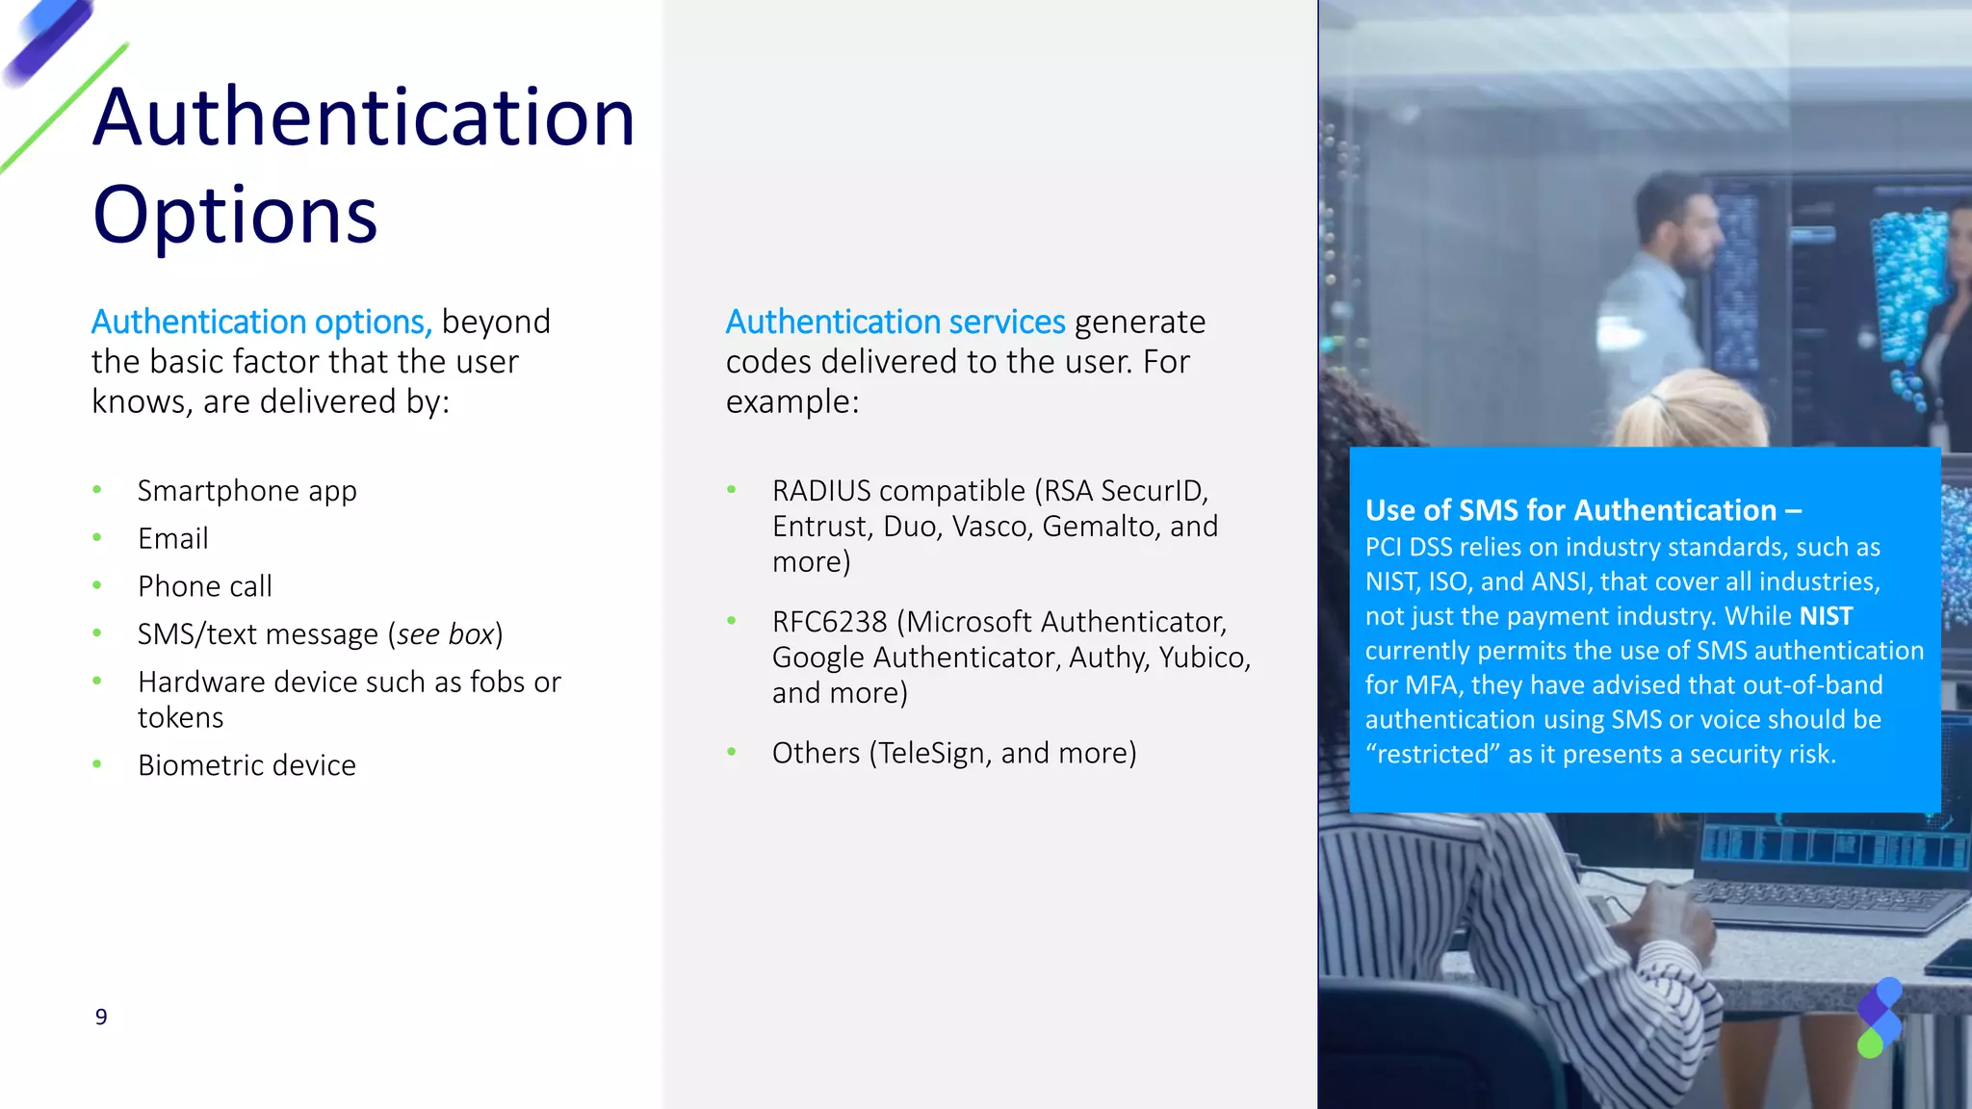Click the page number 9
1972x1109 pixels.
click(x=101, y=1017)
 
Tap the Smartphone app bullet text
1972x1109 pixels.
click(x=246, y=491)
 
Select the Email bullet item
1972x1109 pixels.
click(x=172, y=538)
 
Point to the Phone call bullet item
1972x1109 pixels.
click(x=204, y=586)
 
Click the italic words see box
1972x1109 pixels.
click(x=445, y=634)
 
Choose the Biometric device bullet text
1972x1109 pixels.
click(x=246, y=765)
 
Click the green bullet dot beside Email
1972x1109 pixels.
click(x=97, y=537)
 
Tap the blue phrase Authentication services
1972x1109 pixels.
click(x=895, y=322)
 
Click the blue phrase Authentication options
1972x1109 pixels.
click(x=260, y=322)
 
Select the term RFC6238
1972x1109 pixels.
click(x=829, y=622)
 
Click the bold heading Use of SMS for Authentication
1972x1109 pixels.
click(x=1570, y=510)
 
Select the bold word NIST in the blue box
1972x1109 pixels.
click(x=1826, y=616)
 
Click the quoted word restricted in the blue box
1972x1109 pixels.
click(x=1433, y=754)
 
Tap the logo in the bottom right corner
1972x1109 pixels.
click(x=1880, y=1018)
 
